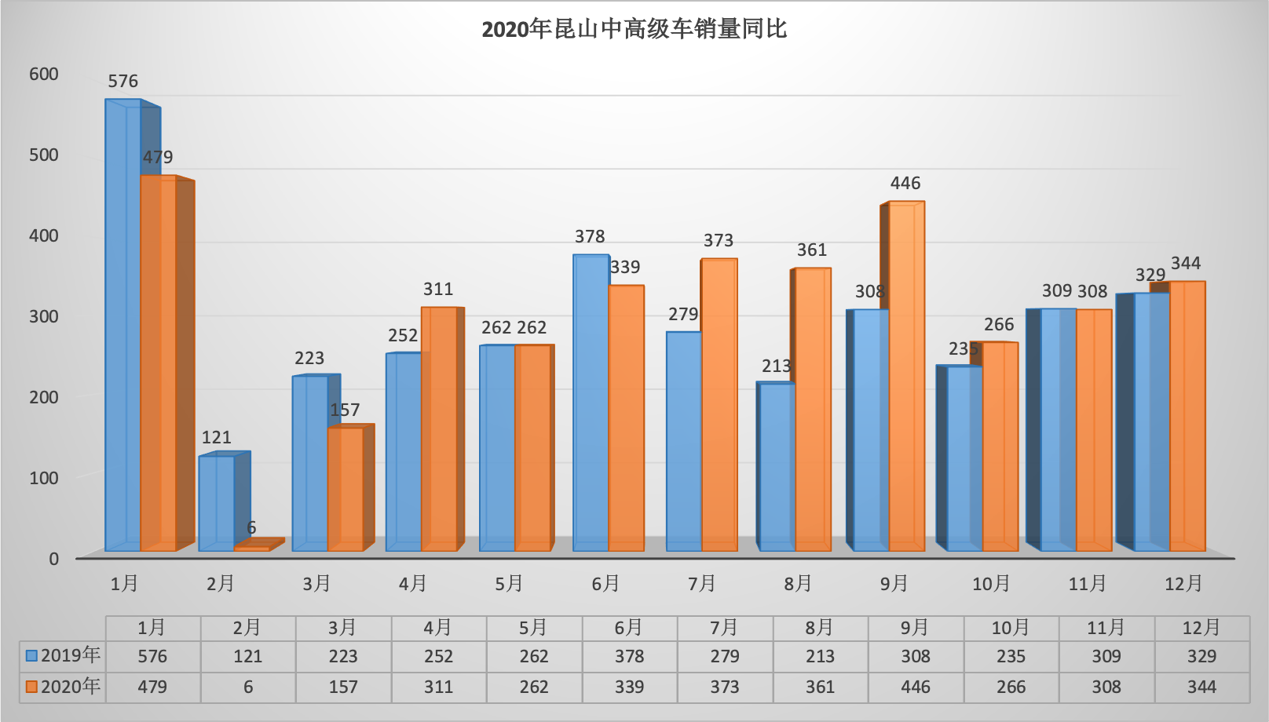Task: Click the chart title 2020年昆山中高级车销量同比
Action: [634, 30]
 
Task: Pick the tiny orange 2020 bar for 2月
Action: [251, 549]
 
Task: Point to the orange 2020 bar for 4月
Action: [439, 428]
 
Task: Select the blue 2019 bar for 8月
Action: [777, 467]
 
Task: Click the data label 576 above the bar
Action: [123, 82]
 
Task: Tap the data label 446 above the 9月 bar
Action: [905, 184]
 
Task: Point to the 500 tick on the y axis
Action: [44, 155]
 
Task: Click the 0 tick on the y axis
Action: [53, 559]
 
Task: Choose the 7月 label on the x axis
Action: [702, 584]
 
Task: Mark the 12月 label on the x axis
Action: [1183, 584]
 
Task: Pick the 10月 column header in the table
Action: [1011, 628]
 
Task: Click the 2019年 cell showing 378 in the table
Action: [629, 656]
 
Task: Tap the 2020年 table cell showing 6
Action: [248, 687]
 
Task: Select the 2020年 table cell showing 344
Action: [1201, 687]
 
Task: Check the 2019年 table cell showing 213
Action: [820, 656]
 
